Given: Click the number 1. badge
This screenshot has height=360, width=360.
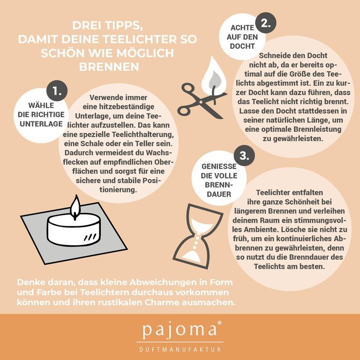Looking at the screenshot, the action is (x=57, y=91).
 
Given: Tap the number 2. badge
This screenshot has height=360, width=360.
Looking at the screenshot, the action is (x=266, y=23).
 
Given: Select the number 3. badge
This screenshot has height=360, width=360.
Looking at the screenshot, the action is (x=244, y=155).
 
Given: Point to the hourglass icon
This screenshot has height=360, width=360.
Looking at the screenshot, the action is (x=197, y=236).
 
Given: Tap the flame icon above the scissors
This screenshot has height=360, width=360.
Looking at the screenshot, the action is (x=214, y=76).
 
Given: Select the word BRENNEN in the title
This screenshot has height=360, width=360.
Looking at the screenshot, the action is (x=109, y=67).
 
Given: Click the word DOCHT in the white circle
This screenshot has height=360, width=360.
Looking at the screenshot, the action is (x=242, y=46).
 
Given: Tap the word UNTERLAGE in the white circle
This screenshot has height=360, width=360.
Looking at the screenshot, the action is (x=41, y=124).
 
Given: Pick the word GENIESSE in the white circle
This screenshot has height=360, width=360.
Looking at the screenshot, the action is (x=219, y=166).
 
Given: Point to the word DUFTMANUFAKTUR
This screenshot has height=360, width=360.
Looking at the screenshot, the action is (x=180, y=350).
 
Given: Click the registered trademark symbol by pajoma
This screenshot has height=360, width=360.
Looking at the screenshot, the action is (x=220, y=323).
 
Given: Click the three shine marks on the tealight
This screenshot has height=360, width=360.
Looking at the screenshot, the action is (x=90, y=237).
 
